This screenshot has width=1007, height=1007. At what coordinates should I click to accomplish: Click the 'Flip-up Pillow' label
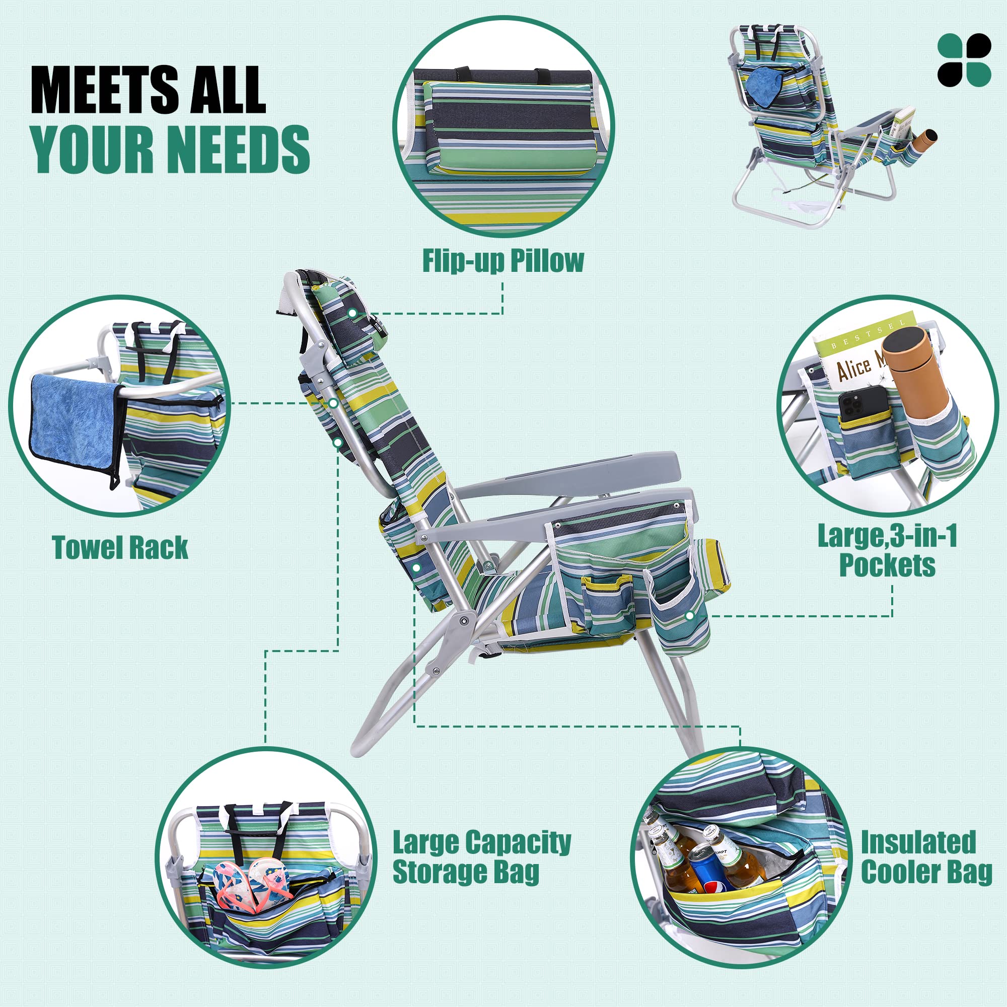click(502, 261)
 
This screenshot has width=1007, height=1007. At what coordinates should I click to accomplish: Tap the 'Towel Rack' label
click(120, 548)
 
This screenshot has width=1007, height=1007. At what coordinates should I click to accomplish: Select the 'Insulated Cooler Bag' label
click(926, 857)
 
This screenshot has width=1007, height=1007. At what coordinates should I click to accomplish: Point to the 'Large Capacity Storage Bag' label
click(482, 857)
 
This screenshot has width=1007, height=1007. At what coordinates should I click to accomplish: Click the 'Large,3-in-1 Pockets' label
click(887, 550)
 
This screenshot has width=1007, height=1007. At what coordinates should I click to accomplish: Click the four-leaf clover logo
click(964, 60)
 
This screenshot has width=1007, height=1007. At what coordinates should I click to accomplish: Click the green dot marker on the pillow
click(353, 313)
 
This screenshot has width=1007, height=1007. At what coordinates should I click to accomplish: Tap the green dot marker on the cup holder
click(690, 616)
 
